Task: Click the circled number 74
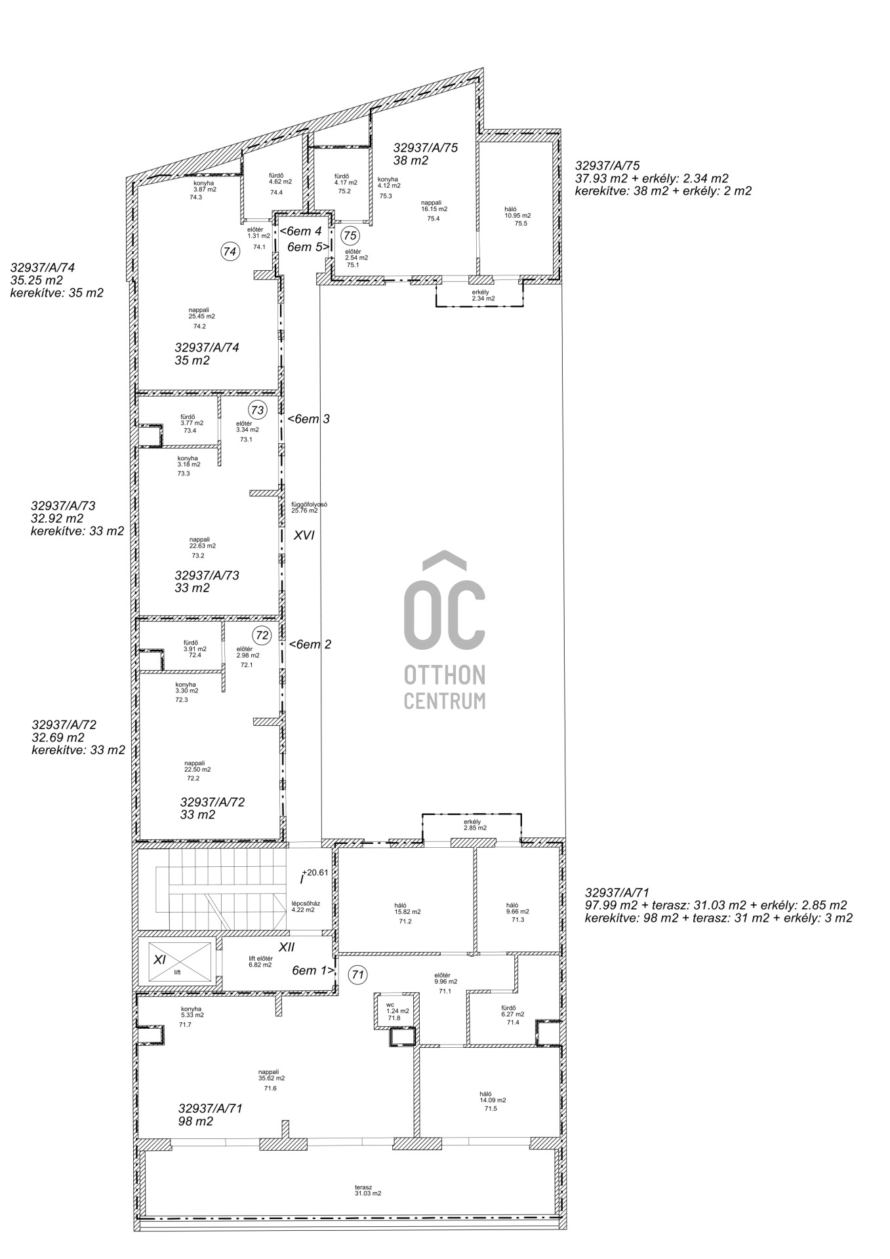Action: (x=230, y=251)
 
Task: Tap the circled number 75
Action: (x=351, y=235)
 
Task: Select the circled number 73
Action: (x=258, y=410)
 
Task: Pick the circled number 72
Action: (x=262, y=635)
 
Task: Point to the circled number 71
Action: (x=357, y=975)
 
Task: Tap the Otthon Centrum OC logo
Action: (x=445, y=630)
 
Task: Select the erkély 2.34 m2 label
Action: (x=482, y=296)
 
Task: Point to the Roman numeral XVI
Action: (x=304, y=535)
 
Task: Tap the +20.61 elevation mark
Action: (x=315, y=872)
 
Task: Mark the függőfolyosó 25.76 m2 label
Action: (x=309, y=507)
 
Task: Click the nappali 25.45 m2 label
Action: (x=202, y=313)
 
